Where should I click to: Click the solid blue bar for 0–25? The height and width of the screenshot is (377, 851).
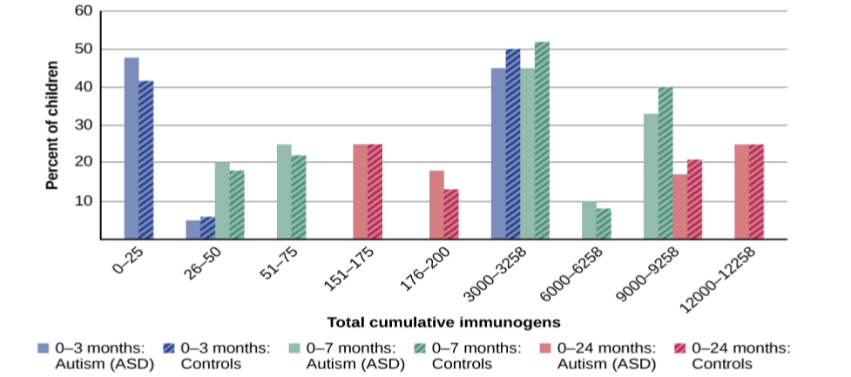(132, 148)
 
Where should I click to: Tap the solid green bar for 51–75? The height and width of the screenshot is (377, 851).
(284, 192)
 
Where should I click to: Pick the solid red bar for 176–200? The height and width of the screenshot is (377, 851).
(436, 205)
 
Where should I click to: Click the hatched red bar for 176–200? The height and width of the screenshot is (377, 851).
(451, 214)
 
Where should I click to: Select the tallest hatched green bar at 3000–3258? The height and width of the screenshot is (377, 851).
(543, 140)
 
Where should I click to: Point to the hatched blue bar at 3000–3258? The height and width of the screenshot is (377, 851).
(513, 145)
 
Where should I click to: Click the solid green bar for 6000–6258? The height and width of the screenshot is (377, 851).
(590, 220)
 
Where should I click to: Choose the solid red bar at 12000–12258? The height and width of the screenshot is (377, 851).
(741, 192)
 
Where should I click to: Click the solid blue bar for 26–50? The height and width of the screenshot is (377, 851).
(192, 230)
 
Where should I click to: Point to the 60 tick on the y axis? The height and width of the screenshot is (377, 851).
(84, 12)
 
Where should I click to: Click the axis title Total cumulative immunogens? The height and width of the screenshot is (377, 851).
(443, 322)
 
